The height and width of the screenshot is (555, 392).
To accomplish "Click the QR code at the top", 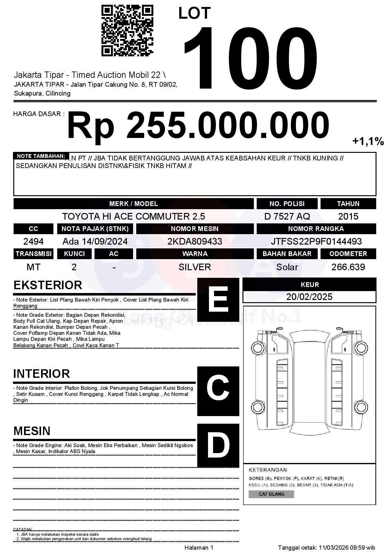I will (x=127, y=30).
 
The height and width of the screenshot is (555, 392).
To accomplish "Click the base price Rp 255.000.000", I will (x=198, y=126).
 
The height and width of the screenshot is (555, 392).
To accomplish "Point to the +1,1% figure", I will (x=368, y=141).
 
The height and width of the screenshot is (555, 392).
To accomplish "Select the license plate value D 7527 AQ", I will (x=287, y=216).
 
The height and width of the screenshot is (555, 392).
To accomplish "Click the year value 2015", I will (x=348, y=216).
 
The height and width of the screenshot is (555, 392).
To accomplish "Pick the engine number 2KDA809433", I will (x=195, y=241).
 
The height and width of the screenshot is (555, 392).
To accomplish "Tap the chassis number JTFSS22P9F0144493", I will (x=316, y=241).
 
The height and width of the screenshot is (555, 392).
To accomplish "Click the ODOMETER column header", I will (x=348, y=254).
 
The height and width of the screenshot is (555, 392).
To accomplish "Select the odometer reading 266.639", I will (x=348, y=267).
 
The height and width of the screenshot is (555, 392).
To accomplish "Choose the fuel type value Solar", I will (x=287, y=267).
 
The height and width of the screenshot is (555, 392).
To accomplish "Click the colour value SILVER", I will (x=195, y=267).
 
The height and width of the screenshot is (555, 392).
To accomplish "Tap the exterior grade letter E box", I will (x=218, y=299).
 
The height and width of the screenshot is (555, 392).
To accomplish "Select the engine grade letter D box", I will (x=218, y=445).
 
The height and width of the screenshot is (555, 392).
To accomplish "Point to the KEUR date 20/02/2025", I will (x=309, y=297).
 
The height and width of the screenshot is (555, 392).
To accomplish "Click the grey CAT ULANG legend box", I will (x=271, y=494).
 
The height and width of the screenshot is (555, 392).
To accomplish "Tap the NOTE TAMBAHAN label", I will (x=41, y=156).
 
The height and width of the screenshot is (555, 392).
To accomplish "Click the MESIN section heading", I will (x=32, y=431).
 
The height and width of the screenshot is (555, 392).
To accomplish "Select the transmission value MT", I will (x=33, y=267).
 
